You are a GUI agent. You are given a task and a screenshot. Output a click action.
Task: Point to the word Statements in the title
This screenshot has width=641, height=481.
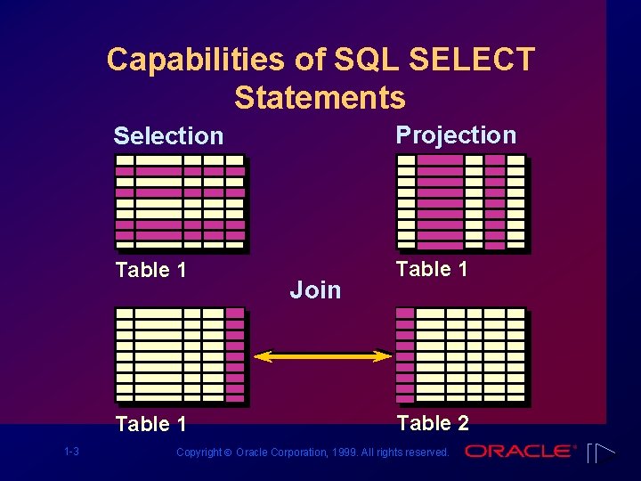[x=320, y=97]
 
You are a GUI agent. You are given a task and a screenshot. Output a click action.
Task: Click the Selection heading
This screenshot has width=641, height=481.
[x=168, y=136]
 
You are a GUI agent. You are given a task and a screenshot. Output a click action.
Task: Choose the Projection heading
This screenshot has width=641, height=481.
[x=456, y=135]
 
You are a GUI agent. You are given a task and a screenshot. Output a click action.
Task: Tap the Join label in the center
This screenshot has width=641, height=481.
[x=316, y=289]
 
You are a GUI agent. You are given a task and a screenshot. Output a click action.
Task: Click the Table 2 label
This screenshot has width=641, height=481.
[x=433, y=422]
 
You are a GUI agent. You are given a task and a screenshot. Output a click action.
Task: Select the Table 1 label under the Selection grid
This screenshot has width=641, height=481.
[x=150, y=270]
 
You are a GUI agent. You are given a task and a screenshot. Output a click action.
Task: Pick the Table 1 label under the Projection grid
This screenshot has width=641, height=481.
[x=432, y=269]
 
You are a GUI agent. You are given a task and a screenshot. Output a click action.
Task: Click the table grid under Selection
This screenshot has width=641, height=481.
[x=181, y=201]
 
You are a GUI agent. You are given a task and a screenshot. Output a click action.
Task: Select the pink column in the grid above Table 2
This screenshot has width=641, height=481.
[x=405, y=354]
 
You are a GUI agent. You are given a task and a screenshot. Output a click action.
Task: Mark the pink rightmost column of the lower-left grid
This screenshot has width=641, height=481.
[x=234, y=354]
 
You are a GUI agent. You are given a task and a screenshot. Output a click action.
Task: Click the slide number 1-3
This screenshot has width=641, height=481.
[x=71, y=452]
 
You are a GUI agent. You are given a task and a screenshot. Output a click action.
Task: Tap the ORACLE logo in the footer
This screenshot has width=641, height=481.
[x=521, y=451]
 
